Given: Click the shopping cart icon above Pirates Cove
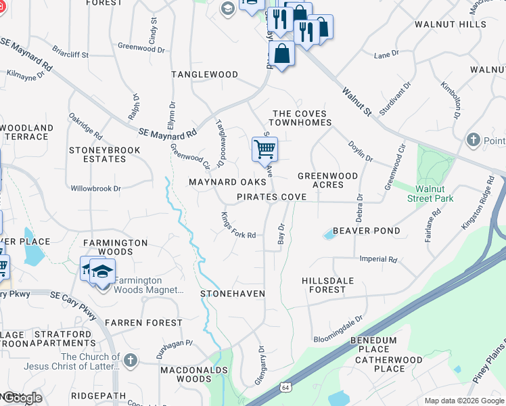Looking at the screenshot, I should tap(264, 149).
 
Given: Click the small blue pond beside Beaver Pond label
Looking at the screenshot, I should tap(329, 234).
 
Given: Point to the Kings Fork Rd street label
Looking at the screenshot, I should tap(237, 225).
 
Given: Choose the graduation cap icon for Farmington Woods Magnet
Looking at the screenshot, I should tap(101, 271).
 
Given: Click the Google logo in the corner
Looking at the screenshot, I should tap(22, 398).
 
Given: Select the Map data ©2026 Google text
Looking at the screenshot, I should tap(463, 401).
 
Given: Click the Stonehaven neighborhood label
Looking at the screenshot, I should tap(232, 294).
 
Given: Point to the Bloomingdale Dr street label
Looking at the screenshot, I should tap(338, 328).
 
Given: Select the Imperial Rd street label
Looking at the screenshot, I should tap(378, 259).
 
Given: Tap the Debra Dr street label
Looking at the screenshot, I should tap(360, 207).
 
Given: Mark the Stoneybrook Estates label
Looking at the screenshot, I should tap(104, 154).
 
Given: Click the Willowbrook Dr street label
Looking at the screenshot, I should tap(95, 188).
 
